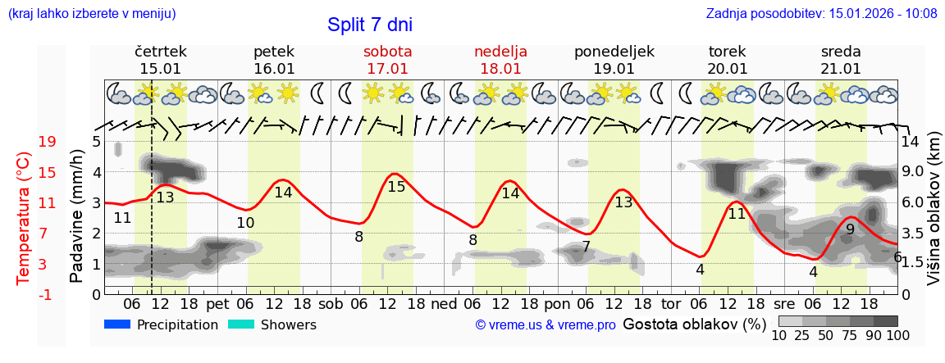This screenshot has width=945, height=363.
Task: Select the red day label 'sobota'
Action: [x=387, y=52]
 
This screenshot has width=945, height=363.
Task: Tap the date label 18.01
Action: [x=500, y=69]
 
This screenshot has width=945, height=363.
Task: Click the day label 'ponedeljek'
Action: [x=614, y=52]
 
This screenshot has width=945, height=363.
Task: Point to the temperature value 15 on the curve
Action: [x=396, y=187]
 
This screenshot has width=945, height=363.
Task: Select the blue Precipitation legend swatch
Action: [x=117, y=324]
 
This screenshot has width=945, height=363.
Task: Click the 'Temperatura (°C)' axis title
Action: [x=23, y=217]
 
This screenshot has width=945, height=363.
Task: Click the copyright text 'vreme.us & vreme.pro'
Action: [x=546, y=325]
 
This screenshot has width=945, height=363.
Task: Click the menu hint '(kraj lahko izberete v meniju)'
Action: [x=92, y=13]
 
